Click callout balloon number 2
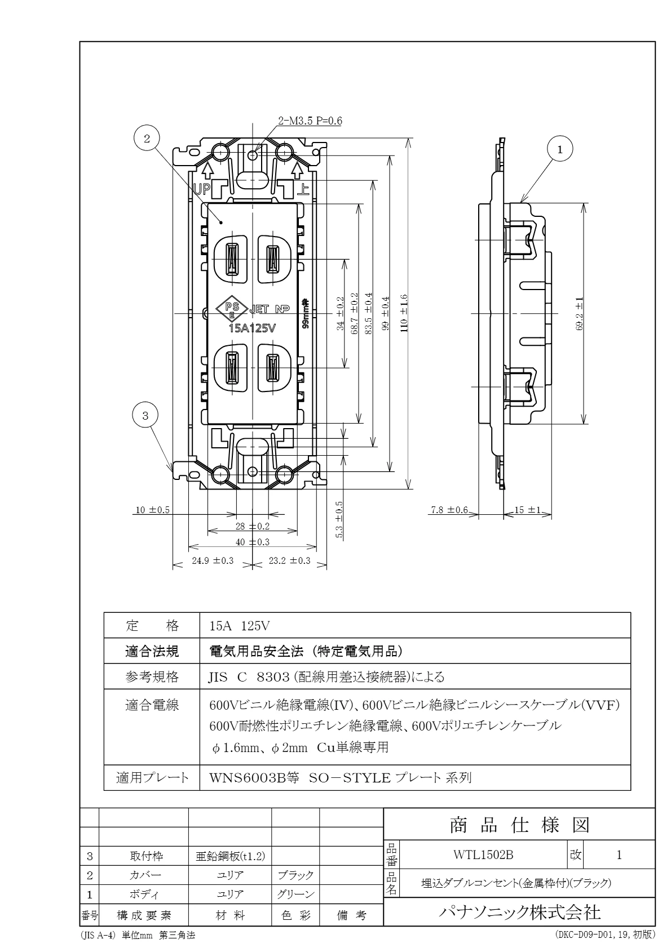coord(147,139)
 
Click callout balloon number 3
coord(145,416)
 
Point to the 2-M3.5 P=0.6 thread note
coord(310,120)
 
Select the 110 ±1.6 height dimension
coord(404,313)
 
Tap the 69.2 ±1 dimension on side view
coord(580,313)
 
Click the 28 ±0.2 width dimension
coord(253,526)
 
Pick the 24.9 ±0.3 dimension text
coord(213,560)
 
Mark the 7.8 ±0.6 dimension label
coord(449,510)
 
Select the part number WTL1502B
coord(483,854)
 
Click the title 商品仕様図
coord(519,825)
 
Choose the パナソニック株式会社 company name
coord(519,912)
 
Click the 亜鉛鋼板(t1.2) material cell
coord(229,856)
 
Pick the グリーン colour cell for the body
coord(295,894)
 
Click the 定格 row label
coord(152,625)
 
